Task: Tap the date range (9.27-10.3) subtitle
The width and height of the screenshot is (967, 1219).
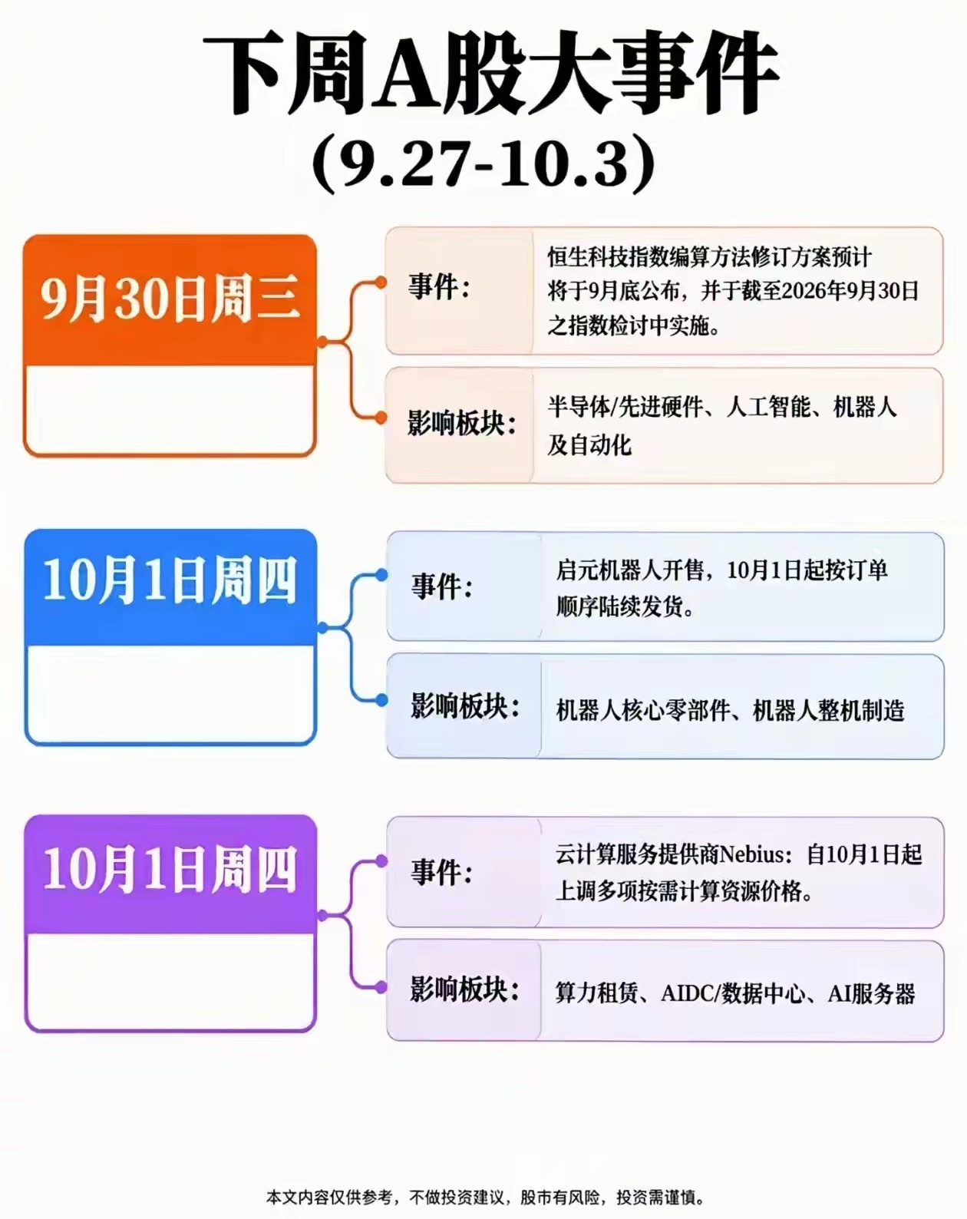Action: tap(484, 164)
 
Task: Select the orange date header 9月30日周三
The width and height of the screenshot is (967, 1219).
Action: tap(170, 299)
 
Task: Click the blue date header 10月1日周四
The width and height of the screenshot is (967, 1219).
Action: tap(170, 581)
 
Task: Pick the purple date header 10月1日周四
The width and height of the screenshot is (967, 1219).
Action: tap(170, 870)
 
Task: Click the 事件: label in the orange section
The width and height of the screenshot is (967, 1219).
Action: tap(439, 286)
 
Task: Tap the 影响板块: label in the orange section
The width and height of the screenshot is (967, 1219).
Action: tap(462, 423)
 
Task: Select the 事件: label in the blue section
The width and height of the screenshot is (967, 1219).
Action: tap(442, 586)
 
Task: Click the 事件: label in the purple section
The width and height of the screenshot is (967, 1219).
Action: tap(442, 872)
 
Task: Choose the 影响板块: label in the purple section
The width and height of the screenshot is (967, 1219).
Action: tap(465, 989)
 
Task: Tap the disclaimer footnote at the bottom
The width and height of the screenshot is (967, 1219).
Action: tap(486, 1198)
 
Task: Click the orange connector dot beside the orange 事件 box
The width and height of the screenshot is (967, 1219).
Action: tap(381, 282)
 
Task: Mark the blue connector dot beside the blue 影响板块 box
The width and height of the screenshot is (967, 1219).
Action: tap(381, 700)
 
